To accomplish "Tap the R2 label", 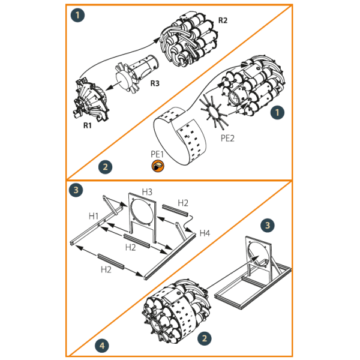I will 223,20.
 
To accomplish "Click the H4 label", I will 205,232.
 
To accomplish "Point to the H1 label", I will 94,215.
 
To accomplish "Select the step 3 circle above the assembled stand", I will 268,225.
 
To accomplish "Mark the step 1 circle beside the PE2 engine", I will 277,112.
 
